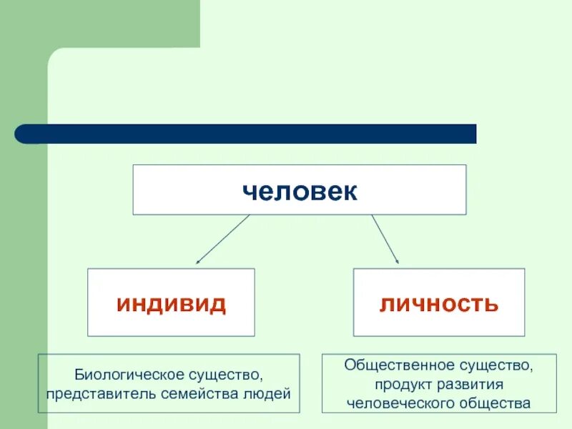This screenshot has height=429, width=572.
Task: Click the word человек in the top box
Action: (x=299, y=191)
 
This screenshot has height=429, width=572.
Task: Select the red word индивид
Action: (x=171, y=304)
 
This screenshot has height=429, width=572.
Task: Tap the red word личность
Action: (x=438, y=304)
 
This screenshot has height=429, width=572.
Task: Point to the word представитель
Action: (x=92, y=393)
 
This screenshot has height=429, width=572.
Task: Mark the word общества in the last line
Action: (x=493, y=403)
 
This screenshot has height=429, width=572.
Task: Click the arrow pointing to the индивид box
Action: (x=222, y=240)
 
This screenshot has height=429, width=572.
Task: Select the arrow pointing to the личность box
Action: (x=385, y=240)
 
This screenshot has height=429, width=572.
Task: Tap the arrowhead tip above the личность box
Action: (x=399, y=264)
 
